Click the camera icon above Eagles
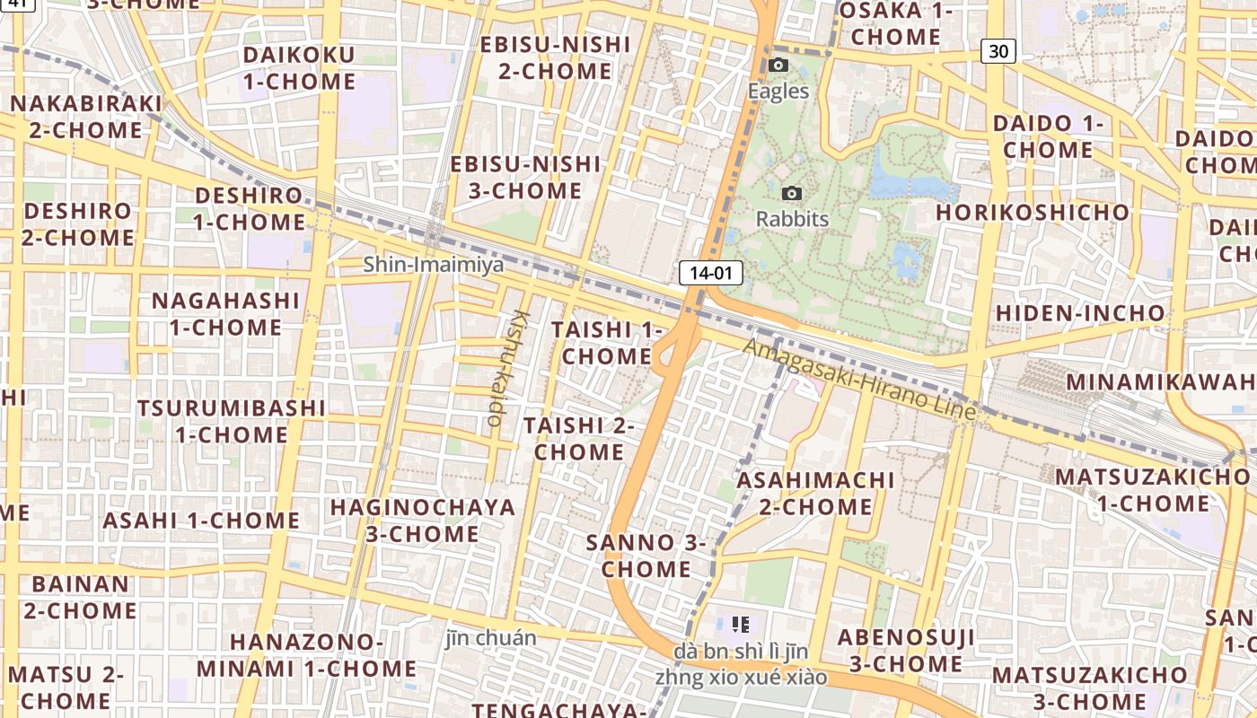coord(778,65)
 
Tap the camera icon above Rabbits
coord(792,193)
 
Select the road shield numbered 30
coord(998,51)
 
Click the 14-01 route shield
coord(711,273)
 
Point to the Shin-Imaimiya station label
coord(434,265)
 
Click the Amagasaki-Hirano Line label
coord(860,379)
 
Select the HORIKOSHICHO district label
coord(1033,213)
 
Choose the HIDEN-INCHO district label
coord(1080,313)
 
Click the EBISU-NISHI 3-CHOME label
coord(525,178)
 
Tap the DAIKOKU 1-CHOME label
coord(299,68)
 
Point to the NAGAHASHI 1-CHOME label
coord(225,313)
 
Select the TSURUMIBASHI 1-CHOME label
coord(232,421)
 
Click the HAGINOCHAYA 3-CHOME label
coord(423,521)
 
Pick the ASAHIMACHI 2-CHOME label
coord(816,493)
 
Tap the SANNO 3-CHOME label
coord(646,556)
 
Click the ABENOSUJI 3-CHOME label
coord(906,651)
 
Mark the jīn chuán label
coord(491,639)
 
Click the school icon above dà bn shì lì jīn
coord(741,624)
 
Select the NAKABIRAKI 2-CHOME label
coord(86,117)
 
